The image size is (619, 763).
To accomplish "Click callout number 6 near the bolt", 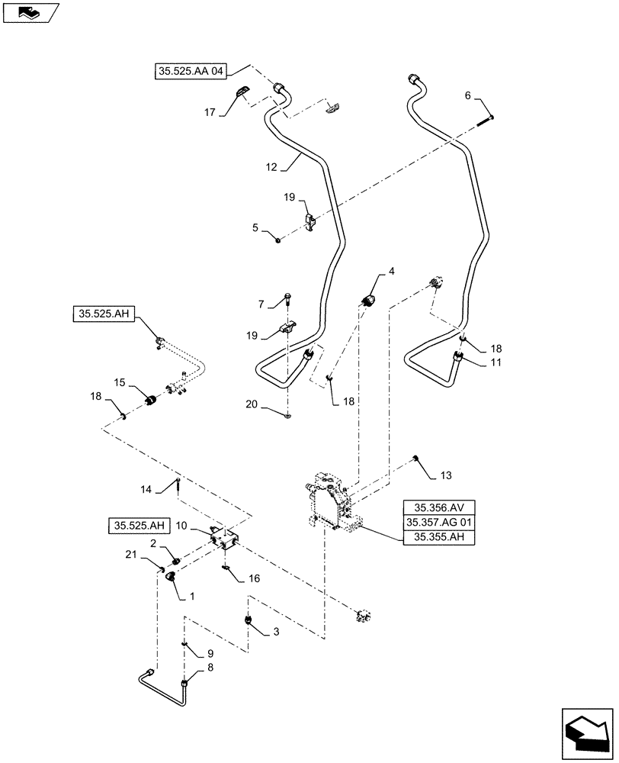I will (468, 97).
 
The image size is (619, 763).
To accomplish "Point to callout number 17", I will (209, 111).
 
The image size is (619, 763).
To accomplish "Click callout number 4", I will (390, 270).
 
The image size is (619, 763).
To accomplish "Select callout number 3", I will (274, 632).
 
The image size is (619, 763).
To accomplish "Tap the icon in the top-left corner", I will (30, 11).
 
